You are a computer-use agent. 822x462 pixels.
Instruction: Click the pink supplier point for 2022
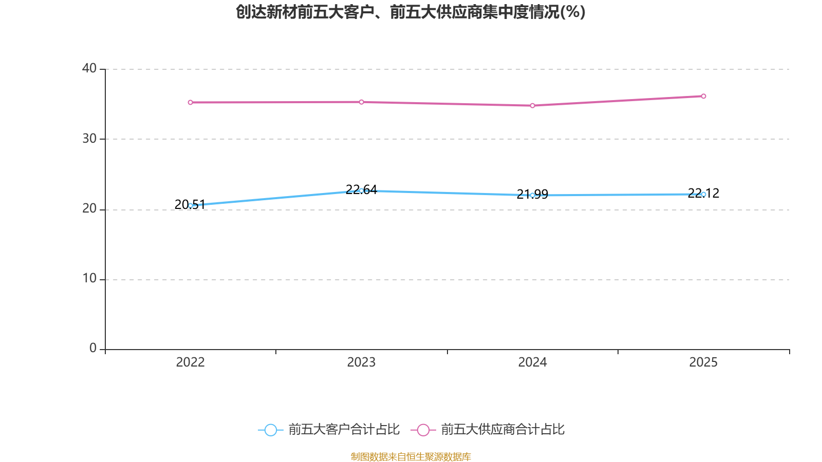[x=190, y=103]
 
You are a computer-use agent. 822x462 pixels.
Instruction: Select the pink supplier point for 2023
[x=361, y=102]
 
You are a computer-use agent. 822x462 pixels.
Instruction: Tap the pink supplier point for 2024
[x=532, y=106]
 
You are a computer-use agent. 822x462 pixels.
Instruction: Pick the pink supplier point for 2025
[x=703, y=97]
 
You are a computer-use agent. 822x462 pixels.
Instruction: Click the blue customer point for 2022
[x=190, y=205]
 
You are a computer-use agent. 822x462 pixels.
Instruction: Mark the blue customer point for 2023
[x=361, y=191]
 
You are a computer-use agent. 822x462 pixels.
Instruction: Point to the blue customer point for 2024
[x=532, y=195]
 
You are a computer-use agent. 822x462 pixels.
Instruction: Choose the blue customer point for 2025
[x=703, y=194]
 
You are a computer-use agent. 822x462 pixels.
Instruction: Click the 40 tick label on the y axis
[x=89, y=68]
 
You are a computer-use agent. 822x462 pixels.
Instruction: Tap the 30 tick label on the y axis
[x=89, y=139]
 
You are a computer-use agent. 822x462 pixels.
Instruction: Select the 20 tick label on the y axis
[x=89, y=208]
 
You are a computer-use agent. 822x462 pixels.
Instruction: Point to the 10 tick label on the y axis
[x=89, y=278]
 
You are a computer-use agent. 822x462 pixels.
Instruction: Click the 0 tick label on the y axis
[x=93, y=348]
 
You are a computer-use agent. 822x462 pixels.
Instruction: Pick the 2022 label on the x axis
[x=190, y=362]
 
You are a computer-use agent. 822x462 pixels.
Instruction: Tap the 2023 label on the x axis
[x=361, y=362]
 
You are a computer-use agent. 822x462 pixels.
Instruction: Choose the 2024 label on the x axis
[x=532, y=362]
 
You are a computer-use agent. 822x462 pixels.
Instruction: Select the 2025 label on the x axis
[x=703, y=362]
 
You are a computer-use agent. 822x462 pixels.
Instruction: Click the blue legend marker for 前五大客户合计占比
[x=270, y=430]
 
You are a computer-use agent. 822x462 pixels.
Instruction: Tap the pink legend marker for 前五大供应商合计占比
[x=423, y=430]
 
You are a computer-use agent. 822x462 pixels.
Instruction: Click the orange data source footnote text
[x=410, y=456]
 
